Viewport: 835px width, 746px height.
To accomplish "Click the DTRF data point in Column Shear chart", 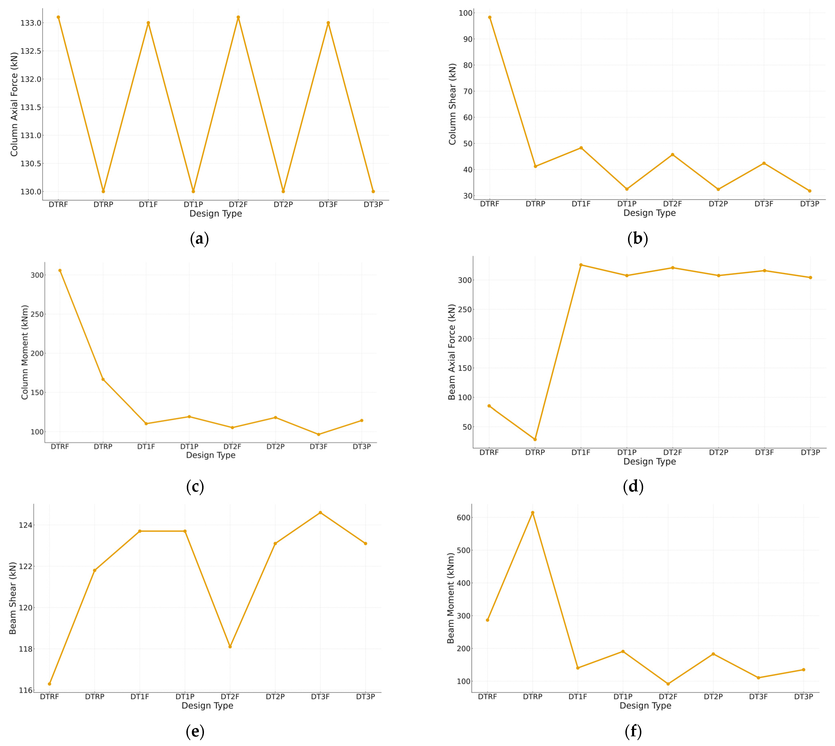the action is pos(489,17).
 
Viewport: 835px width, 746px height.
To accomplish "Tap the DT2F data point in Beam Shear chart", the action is pos(230,646).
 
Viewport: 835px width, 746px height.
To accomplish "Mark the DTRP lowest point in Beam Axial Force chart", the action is pos(535,439).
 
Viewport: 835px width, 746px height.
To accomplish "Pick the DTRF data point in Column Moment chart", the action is pos(60,271).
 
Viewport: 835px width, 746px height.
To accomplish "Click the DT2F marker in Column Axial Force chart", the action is pos(238,17).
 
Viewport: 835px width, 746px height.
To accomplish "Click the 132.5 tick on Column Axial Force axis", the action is pos(31,51).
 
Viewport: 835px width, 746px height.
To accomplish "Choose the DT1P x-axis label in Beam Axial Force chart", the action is pos(627,452).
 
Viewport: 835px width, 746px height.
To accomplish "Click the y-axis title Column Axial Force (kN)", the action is pos(14,104).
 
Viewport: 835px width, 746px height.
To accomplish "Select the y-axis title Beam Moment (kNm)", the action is pos(451,598).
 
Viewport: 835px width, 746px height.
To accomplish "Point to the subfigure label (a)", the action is pos(200,239).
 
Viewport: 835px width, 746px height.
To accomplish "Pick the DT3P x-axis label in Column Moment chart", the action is pos(361,447).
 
